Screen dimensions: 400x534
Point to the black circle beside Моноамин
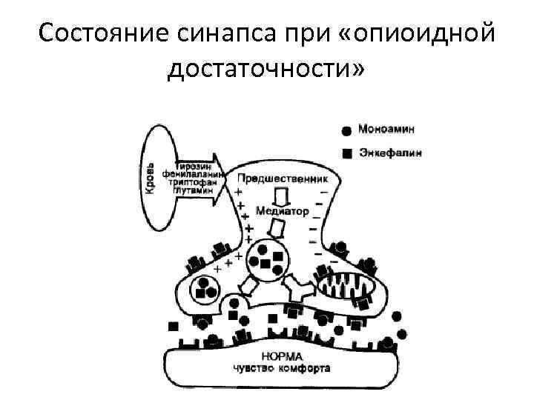pyautogui.click(x=346, y=130)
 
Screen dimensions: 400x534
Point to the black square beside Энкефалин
pyautogui.click(x=346, y=155)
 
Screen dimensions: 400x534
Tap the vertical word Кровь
pyautogui.click(x=150, y=178)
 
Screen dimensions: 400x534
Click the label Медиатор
pyautogui.click(x=281, y=210)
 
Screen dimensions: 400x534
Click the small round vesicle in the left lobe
pyautogui.click(x=205, y=288)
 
